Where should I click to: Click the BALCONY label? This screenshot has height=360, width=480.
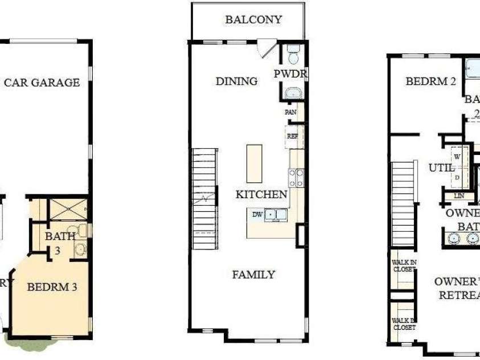[253, 20]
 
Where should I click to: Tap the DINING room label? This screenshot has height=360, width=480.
[236, 81]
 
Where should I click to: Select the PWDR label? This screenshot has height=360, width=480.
[290, 74]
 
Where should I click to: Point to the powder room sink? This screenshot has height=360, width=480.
[294, 93]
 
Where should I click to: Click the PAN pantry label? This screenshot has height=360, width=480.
[290, 112]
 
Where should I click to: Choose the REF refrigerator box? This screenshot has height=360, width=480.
[293, 137]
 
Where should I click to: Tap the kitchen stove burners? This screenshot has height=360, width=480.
[296, 178]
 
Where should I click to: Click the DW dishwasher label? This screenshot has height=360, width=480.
[257, 214]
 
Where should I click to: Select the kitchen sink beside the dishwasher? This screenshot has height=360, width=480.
[276, 215]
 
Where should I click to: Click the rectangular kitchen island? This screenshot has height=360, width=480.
[255, 163]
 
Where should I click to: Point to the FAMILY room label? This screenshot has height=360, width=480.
[253, 275]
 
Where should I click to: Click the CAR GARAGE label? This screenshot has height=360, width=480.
[42, 83]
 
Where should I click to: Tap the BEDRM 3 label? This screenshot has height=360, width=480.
[52, 287]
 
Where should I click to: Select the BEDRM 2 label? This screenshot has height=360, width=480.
[431, 81]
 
